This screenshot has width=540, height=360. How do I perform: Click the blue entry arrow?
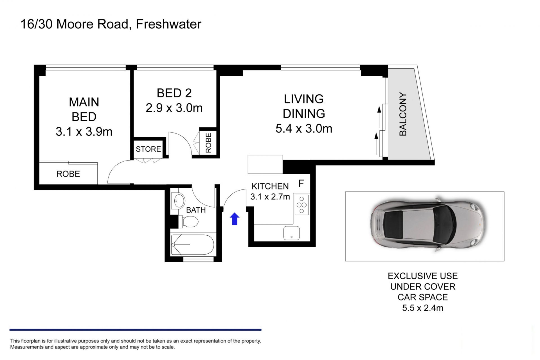[235, 219]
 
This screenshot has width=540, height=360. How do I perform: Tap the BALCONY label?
[403, 114]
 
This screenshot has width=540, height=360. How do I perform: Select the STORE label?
[148, 149]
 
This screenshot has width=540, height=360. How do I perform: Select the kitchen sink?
[291, 233]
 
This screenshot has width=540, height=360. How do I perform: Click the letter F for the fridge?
[301, 184]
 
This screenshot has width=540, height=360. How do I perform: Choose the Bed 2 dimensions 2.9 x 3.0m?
[174, 108]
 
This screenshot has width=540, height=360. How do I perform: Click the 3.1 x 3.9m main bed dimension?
[84, 131]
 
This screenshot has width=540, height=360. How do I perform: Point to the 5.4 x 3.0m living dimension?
[304, 128]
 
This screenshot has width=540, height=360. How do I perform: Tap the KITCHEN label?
[270, 186]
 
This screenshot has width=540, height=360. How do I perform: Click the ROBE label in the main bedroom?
[68, 174]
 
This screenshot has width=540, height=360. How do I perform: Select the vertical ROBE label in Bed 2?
[208, 143]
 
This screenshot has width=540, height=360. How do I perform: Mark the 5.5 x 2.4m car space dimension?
[423, 308]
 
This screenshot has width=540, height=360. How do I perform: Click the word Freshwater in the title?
[169, 24]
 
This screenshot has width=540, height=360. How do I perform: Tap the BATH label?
[196, 210]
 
